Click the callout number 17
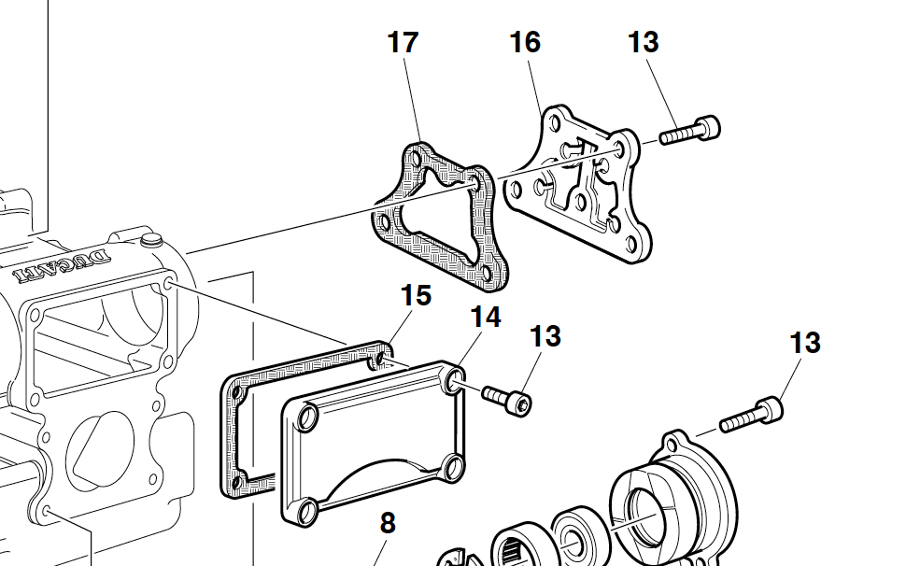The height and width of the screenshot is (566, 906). pyautogui.click(x=403, y=43)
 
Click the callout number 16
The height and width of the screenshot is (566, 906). pyautogui.click(x=525, y=43)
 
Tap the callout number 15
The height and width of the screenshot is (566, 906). pyautogui.click(x=416, y=296)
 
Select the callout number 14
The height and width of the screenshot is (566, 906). pyautogui.click(x=485, y=318)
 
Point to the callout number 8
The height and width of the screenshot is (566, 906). pyautogui.click(x=388, y=523)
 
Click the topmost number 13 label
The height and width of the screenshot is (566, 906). pyautogui.click(x=643, y=43)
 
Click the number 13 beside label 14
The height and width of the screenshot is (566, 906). pyautogui.click(x=545, y=336)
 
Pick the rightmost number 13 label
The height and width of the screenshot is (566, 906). pyautogui.click(x=804, y=344)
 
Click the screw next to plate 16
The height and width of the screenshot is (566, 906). pyautogui.click(x=691, y=130)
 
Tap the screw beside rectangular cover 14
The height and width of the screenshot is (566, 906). pyautogui.click(x=507, y=398)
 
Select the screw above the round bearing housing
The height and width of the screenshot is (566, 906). pyautogui.click(x=752, y=417)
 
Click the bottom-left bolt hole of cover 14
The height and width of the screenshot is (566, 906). pyautogui.click(x=304, y=511)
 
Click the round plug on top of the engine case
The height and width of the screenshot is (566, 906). pyautogui.click(x=146, y=245)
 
